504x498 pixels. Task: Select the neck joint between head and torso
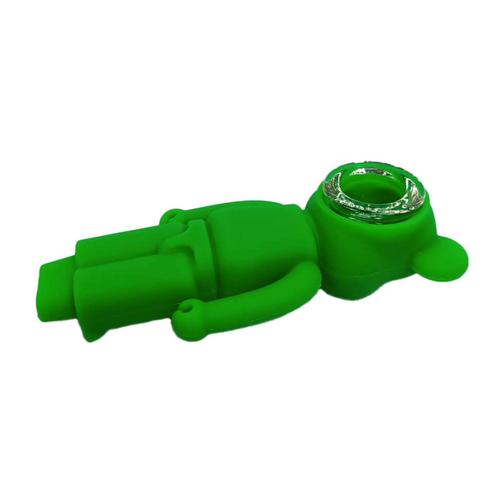(311, 247)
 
